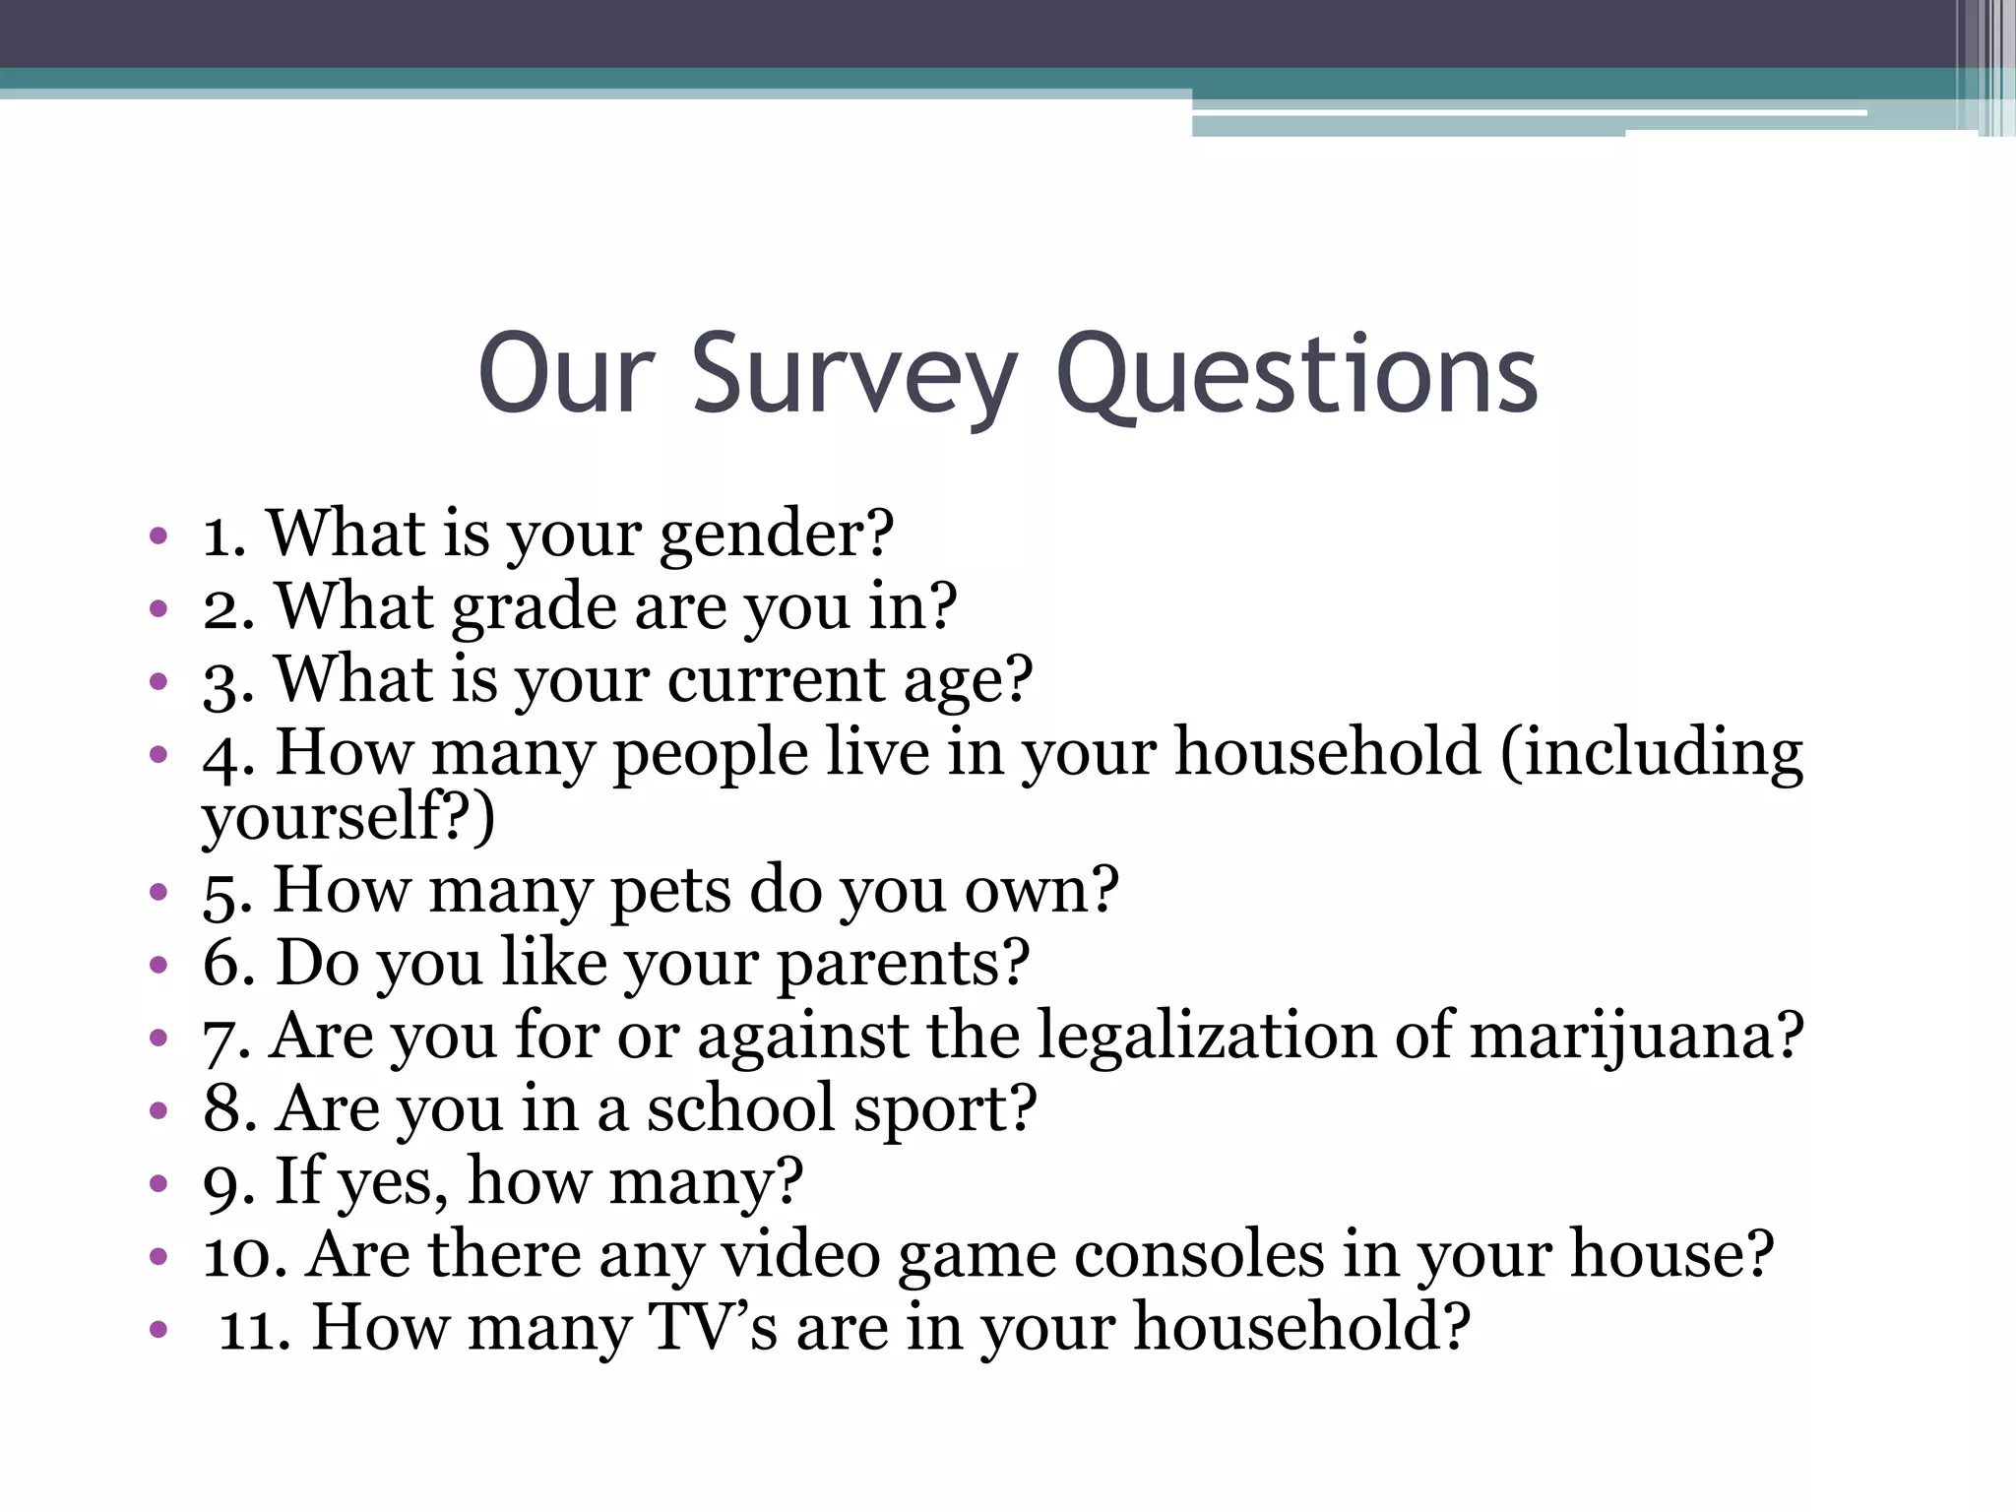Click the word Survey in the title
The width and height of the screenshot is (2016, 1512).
pos(853,375)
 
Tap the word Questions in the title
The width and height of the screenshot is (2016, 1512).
pos(1296,375)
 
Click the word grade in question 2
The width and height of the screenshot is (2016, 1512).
pos(534,607)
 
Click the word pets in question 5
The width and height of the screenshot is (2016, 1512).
pos(670,891)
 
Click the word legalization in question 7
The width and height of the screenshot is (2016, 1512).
pos(1207,1036)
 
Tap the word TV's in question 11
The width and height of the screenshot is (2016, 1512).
pos(713,1327)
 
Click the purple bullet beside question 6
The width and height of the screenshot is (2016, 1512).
pos(158,965)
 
